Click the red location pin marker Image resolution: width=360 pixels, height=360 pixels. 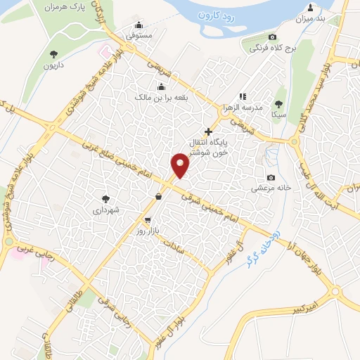pos(181,166)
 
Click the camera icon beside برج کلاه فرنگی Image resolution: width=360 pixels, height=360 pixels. pos(273,37)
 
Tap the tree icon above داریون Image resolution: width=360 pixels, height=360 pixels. pos(54,53)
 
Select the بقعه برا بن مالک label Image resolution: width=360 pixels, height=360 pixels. pos(161,96)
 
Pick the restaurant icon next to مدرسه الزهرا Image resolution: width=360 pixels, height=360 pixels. pos(242,96)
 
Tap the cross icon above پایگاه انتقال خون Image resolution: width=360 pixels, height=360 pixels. pos(207,131)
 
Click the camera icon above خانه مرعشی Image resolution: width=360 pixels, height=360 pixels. pos(271,177)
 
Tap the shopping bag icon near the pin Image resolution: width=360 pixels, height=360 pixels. pos(159,197)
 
